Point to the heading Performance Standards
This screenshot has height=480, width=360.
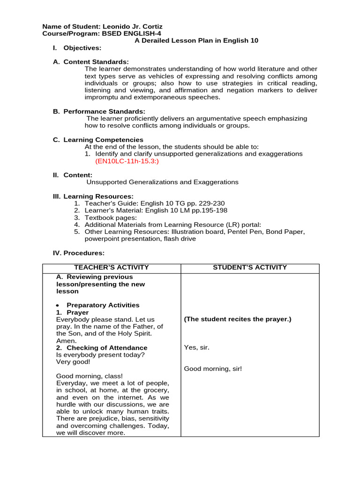pos(104,112)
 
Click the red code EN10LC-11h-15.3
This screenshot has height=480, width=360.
pos(127,161)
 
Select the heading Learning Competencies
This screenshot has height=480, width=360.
pos(103,140)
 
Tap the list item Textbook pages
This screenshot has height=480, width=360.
pos(111,217)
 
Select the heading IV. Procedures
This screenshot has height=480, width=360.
pos(78,253)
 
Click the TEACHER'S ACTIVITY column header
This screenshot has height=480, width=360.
pos(112,268)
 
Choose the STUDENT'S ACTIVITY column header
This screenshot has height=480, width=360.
pos(249,268)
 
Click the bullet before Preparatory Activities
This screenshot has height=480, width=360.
pos(58,306)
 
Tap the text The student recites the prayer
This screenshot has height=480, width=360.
pos(238,319)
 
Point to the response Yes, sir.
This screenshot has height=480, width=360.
pos(197,347)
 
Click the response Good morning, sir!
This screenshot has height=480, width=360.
pos(213,369)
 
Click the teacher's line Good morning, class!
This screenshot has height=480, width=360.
pos(89,376)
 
